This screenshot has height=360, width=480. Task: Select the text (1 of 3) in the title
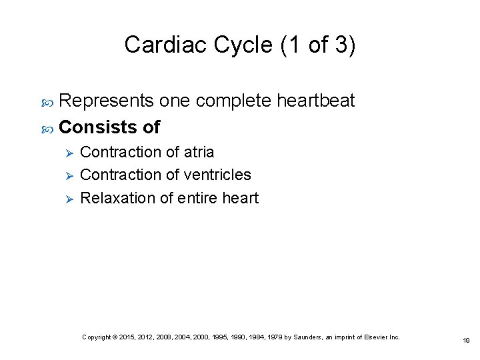319,45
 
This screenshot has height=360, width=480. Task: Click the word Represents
107,101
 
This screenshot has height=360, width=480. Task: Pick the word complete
233,101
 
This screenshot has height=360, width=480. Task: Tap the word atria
199,152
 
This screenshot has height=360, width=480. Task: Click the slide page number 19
466,340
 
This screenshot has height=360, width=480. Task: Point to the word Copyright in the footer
96,337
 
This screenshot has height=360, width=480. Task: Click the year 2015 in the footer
125,337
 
